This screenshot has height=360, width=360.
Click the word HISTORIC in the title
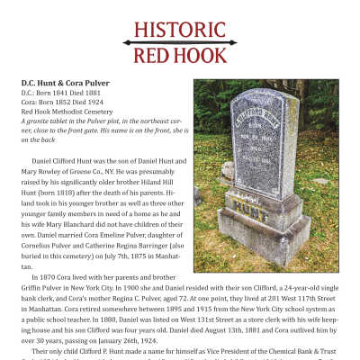point(180,30)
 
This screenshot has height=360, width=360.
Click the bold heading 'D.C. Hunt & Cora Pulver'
point(66,83)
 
